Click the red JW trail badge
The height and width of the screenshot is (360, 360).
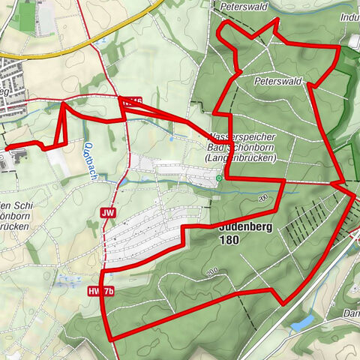pos(108,213)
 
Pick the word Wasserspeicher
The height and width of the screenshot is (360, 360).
pos(244,137)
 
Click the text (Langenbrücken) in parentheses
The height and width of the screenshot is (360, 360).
pos(244,158)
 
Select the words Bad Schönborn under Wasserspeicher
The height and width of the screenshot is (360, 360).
pos(244,148)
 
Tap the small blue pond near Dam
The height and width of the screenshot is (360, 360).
pos(303,323)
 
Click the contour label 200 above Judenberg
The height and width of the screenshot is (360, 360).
pos(262,198)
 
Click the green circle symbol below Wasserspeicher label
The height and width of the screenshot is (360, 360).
pos(218,178)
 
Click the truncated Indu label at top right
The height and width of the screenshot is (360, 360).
pos(349,16)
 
